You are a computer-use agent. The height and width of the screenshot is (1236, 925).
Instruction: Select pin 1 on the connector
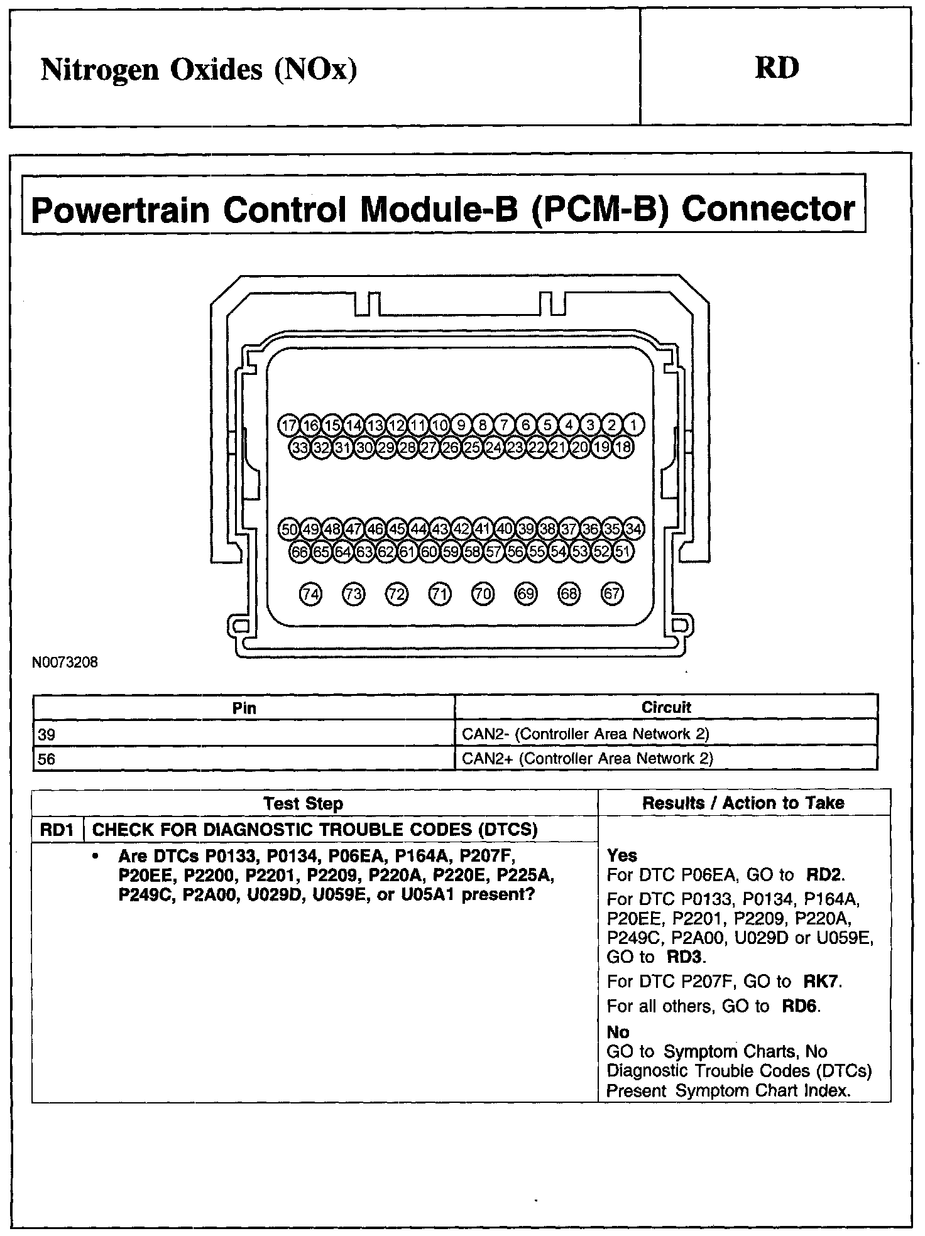point(633,425)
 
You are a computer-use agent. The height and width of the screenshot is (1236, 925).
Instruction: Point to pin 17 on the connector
point(288,425)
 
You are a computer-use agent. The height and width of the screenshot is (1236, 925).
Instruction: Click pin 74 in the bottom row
point(310,594)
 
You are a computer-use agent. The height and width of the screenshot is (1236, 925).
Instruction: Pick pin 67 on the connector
point(612,594)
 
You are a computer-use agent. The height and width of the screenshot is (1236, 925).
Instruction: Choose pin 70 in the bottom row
point(483,594)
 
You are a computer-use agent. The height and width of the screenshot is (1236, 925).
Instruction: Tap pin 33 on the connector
point(300,448)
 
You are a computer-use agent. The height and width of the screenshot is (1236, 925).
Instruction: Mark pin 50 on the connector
point(288,529)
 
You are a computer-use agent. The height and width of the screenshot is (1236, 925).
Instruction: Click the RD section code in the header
point(777,68)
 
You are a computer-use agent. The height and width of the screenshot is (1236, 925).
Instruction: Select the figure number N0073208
point(65,662)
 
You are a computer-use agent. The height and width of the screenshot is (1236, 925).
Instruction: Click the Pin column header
point(244,708)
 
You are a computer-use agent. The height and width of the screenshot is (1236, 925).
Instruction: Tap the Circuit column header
point(666,708)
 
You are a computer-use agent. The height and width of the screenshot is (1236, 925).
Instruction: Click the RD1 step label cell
point(57,830)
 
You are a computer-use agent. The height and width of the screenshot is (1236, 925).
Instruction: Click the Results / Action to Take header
point(743,803)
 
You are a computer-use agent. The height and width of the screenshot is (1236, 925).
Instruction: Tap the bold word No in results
point(618,1032)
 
